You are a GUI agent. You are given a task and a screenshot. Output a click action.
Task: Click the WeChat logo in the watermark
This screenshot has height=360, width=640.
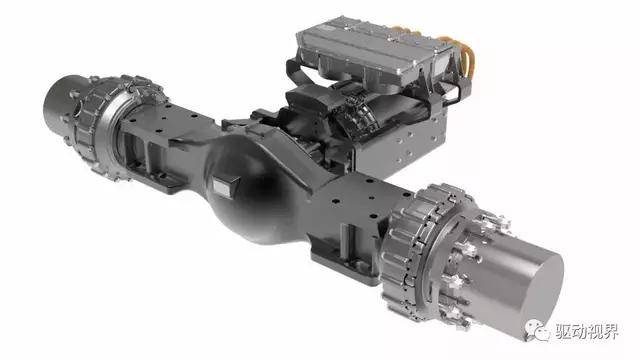(x=537, y=330)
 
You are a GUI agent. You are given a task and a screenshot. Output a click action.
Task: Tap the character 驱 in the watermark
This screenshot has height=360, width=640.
(x=562, y=331)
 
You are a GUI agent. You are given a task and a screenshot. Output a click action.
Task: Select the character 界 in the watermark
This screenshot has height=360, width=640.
(x=611, y=331)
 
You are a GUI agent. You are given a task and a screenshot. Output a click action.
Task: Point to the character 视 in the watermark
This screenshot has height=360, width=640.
(x=595, y=331)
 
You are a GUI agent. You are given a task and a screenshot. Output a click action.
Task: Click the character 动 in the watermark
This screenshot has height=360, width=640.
(x=579, y=331)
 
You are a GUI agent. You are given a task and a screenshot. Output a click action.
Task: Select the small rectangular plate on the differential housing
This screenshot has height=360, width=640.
(x=225, y=187)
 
